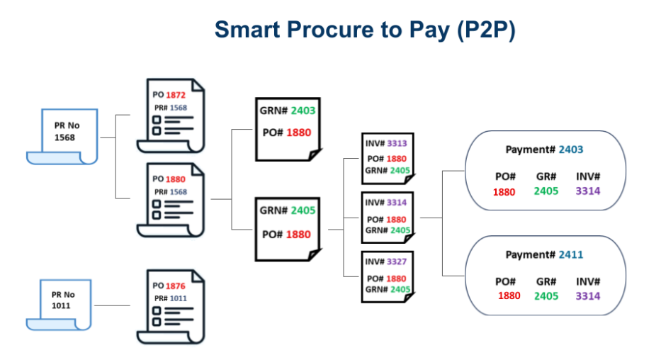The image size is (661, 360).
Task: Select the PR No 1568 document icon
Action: [62, 137]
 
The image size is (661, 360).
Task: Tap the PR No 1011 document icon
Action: [59, 305]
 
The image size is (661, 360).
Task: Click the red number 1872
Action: [176, 95]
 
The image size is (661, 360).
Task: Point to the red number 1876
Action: [176, 286]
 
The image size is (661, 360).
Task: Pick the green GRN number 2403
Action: [303, 111]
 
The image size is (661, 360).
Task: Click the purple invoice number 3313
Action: [397, 143]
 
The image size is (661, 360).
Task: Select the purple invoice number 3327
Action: [397, 261]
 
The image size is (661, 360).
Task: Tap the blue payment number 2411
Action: [571, 254]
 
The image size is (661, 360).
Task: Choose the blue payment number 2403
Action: [571, 150]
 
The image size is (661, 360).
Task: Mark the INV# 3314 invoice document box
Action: [388, 218]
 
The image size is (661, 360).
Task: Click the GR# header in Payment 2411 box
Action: [546, 281]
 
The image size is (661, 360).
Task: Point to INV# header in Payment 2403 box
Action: [588, 176]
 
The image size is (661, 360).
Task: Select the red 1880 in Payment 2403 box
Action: [504, 192]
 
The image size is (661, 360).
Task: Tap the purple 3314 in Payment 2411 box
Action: [588, 296]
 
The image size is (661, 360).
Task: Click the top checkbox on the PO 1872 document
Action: [157, 120]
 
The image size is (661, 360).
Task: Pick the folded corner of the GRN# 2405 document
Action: [315, 254]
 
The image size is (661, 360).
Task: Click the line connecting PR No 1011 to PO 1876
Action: [112, 305]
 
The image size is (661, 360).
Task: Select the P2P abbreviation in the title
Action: [486, 30]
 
